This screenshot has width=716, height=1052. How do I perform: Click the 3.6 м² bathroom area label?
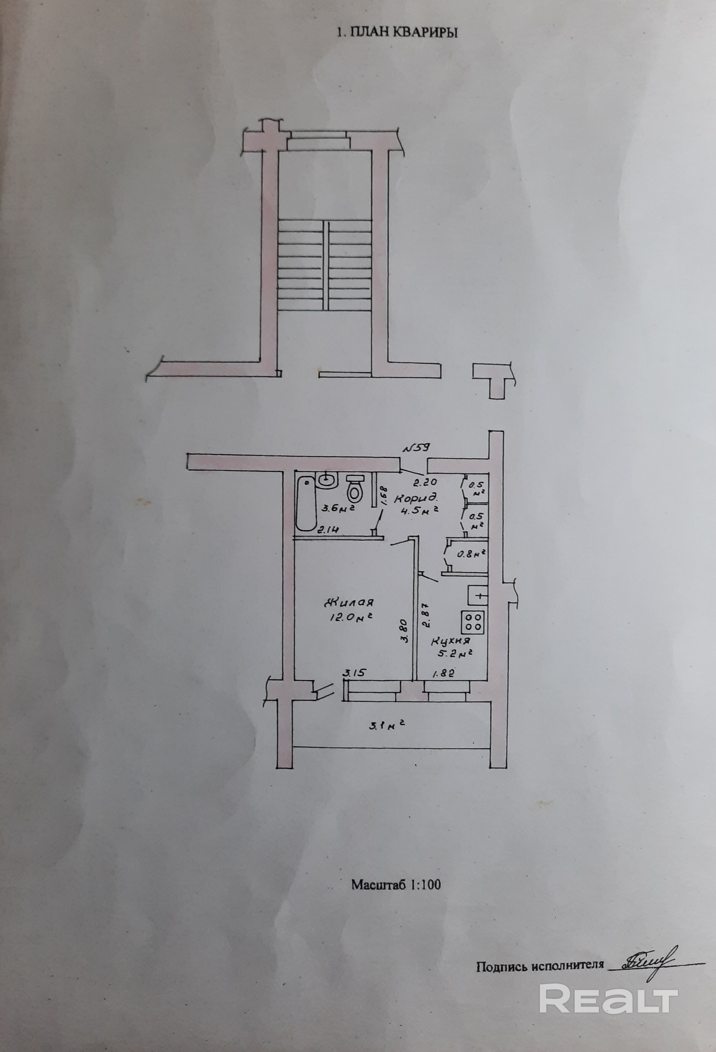(x=337, y=508)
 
